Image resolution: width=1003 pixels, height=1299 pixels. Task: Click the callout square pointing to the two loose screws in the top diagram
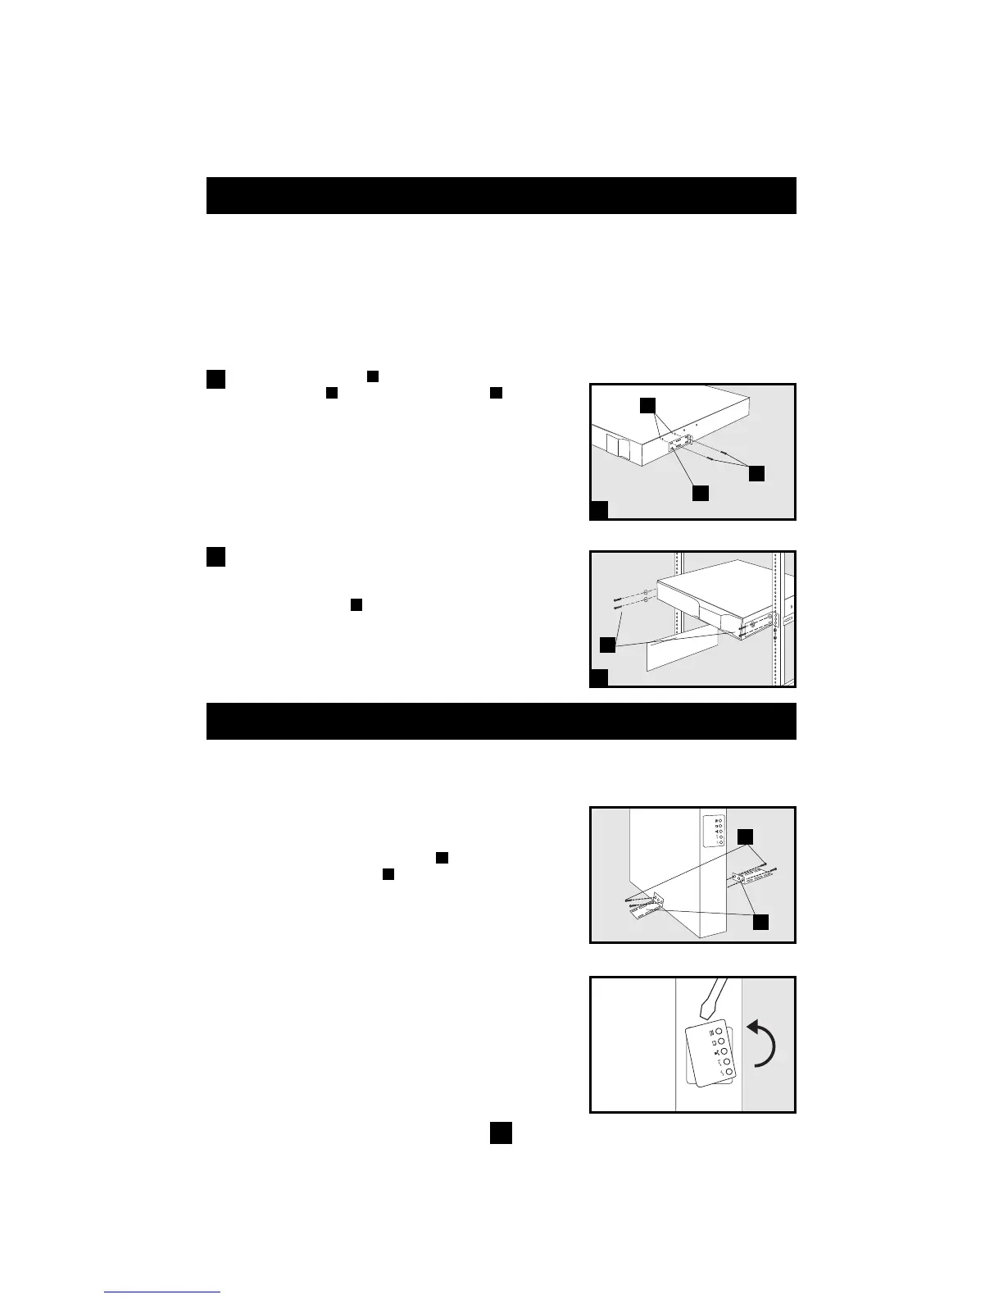(x=757, y=473)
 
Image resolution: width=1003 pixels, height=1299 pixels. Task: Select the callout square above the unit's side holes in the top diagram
(x=647, y=405)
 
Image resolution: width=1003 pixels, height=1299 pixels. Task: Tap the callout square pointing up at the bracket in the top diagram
(x=700, y=493)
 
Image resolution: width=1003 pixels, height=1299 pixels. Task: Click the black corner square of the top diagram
(x=600, y=510)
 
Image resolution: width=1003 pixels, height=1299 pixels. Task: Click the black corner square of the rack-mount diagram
(x=600, y=677)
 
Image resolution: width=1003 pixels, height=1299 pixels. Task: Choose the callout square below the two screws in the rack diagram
(x=607, y=645)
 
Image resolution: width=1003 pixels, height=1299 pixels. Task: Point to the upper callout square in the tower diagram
(x=744, y=836)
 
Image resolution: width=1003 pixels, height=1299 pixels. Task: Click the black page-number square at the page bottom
(x=501, y=1133)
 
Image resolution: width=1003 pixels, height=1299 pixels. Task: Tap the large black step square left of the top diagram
(x=216, y=379)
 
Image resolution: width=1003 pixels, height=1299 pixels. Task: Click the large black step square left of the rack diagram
(x=216, y=556)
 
